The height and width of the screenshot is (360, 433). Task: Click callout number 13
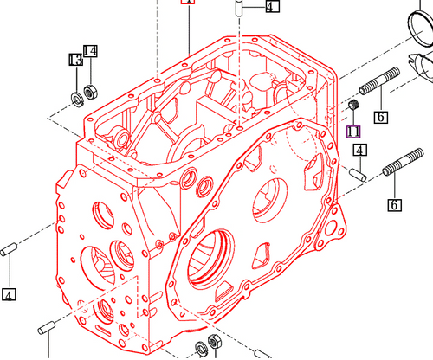point(75,60)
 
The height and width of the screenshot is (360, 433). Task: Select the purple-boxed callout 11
point(352,132)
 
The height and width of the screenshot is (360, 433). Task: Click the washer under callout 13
point(75,95)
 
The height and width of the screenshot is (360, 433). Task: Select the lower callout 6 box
point(395,205)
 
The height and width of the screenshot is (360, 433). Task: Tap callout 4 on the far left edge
point(9,294)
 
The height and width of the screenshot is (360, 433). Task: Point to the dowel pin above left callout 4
point(11,251)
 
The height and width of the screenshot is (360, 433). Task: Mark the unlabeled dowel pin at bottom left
point(48,327)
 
